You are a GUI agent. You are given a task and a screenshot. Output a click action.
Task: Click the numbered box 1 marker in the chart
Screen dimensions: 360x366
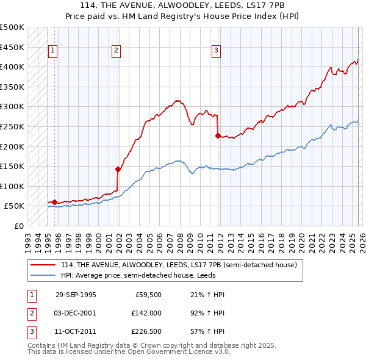[x=53, y=51]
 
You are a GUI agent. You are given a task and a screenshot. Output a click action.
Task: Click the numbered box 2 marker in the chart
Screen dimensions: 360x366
[x=116, y=51]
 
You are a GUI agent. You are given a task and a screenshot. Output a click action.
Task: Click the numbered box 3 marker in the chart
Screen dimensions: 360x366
[x=216, y=51]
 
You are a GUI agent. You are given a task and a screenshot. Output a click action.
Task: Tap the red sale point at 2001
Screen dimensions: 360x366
[x=118, y=169]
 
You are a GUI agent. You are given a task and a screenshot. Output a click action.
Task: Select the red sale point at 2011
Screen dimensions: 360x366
[x=218, y=135]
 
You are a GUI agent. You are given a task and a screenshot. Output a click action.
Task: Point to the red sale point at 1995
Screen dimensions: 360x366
[x=55, y=202]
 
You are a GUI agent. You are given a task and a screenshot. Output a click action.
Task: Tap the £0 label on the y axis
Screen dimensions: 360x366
[x=19, y=226]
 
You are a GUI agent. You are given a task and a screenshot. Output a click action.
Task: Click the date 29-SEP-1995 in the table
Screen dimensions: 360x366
[x=76, y=295]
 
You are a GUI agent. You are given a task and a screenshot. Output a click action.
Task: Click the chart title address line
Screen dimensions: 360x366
[x=183, y=5]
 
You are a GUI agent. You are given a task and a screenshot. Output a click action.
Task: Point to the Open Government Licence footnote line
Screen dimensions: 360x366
[x=129, y=352]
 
